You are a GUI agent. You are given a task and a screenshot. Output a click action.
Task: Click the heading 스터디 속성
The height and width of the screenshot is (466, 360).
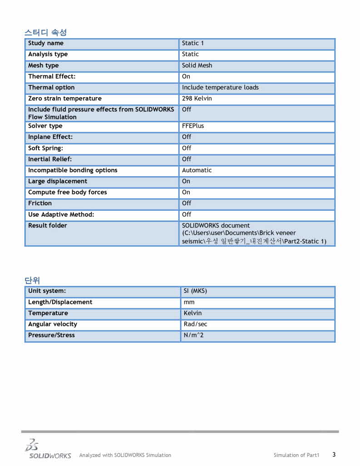(45, 32)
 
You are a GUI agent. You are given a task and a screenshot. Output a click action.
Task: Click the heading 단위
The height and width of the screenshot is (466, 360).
(33, 280)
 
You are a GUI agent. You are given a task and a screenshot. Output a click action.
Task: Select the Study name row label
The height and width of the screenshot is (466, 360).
(46, 43)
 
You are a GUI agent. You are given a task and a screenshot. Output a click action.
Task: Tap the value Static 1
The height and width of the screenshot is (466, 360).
(193, 43)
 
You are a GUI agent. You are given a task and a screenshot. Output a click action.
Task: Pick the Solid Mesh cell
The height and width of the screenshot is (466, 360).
(197, 65)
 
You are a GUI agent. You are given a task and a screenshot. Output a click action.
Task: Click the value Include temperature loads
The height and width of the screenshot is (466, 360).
(220, 88)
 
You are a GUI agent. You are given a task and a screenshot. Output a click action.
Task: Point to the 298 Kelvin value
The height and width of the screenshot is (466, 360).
(197, 99)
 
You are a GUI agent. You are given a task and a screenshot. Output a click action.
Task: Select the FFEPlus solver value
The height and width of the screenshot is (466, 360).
(193, 126)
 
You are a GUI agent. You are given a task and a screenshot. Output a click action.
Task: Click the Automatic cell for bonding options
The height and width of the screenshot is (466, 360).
(197, 170)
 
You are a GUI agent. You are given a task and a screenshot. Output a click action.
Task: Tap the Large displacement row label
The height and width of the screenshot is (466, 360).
(58, 181)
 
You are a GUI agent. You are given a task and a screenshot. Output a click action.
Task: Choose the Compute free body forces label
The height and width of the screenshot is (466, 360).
(68, 192)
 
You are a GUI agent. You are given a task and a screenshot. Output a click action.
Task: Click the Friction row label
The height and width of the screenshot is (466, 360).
(40, 203)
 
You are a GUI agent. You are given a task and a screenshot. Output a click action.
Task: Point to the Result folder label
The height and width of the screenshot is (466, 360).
(48, 225)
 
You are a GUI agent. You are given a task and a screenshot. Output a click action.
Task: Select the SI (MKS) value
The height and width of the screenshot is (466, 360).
(195, 291)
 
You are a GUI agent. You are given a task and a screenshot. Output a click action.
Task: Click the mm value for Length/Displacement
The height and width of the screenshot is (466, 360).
(189, 302)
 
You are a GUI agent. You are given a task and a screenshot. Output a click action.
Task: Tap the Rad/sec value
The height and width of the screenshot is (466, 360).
(196, 324)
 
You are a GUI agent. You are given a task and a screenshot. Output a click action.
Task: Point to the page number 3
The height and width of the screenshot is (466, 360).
(334, 454)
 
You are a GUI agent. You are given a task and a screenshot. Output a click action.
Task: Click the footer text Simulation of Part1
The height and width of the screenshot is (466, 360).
(296, 455)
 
